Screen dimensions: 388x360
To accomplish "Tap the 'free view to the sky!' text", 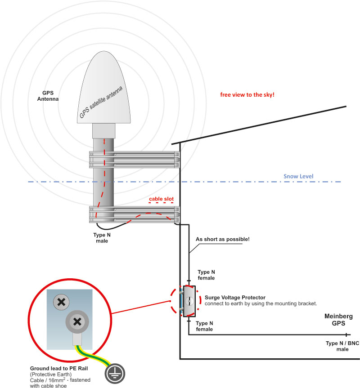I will click(247, 95).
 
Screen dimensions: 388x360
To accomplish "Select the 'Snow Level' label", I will click(298, 176).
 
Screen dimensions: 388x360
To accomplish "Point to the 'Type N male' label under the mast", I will click(102, 238).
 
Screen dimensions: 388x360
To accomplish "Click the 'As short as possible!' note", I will click(222, 239).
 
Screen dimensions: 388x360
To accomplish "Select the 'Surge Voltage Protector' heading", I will click(234, 298).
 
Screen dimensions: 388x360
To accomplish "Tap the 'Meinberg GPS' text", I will click(338, 320).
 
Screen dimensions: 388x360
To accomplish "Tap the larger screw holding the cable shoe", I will click(77, 321).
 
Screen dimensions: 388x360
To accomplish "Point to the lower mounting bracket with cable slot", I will click(135, 214).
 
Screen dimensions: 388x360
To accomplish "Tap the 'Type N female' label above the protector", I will click(206, 275).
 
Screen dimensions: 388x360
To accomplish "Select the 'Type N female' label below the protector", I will click(205, 326).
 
